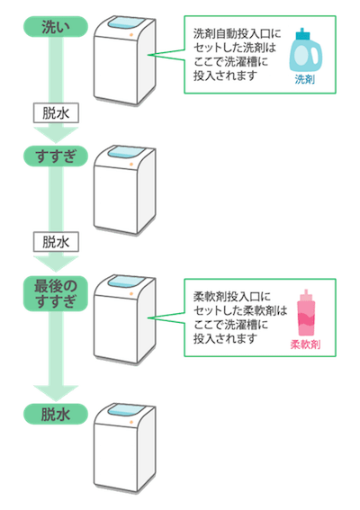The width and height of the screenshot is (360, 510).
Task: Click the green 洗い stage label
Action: click(x=56, y=27)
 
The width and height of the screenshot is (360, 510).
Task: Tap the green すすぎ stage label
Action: click(x=56, y=157)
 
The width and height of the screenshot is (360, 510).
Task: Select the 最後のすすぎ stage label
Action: click(x=56, y=293)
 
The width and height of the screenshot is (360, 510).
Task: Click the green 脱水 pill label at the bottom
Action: click(x=56, y=415)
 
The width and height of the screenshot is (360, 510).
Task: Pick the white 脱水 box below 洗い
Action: click(x=56, y=113)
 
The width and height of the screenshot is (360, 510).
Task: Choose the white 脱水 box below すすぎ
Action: click(x=56, y=242)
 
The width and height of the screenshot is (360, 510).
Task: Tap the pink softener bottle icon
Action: click(x=306, y=313)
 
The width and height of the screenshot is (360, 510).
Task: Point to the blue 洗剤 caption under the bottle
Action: click(x=305, y=79)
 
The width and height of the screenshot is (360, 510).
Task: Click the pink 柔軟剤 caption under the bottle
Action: click(x=305, y=344)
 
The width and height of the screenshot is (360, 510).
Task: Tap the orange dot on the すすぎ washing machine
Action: click(x=131, y=165)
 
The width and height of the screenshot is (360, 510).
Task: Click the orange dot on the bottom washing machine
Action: click(x=131, y=422)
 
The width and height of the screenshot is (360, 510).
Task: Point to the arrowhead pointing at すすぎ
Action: click(x=56, y=135)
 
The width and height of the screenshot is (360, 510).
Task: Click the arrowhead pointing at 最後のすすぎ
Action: click(x=56, y=264)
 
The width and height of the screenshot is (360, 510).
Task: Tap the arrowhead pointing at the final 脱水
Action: click(x=56, y=393)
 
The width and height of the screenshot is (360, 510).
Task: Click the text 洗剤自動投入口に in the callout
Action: click(x=237, y=34)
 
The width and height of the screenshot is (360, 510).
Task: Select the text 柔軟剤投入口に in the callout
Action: click(x=232, y=297)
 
